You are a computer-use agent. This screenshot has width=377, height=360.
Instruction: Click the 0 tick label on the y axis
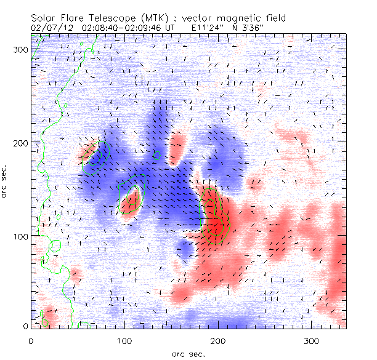25,326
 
